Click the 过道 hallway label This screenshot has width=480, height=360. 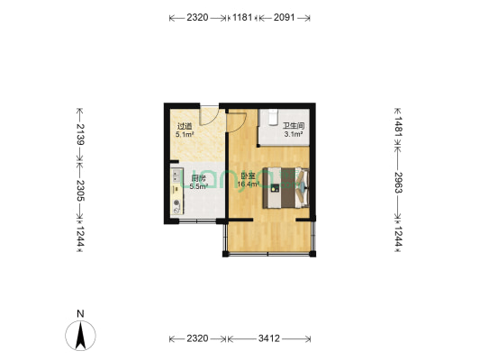coord(184,127)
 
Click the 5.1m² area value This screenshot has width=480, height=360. coord(185,135)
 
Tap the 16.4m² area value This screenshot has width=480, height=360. coord(249,184)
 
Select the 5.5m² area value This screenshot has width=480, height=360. coord(199,186)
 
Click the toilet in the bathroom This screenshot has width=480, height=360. coord(270,117)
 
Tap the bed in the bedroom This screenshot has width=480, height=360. coord(286,187)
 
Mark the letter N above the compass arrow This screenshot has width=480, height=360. coord(80,314)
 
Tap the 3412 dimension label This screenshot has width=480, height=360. coord(268,338)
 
